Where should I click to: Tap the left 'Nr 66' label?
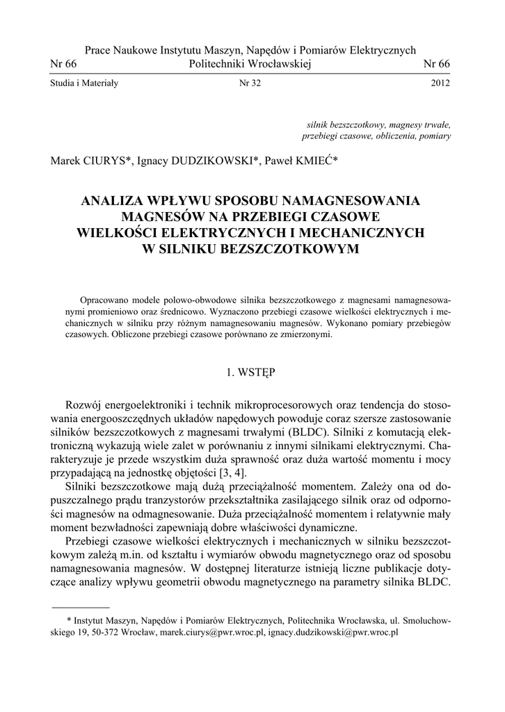(64, 64)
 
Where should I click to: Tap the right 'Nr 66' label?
(437, 64)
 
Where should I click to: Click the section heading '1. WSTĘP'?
(251, 372)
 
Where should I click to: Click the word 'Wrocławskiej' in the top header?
(277, 64)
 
